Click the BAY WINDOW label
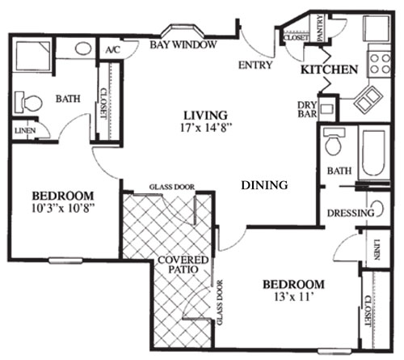[183, 45]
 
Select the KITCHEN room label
[329, 70]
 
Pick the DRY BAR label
[308, 110]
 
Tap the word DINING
[264, 185]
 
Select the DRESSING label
[350, 213]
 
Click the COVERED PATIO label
[183, 266]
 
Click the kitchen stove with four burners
[377, 58]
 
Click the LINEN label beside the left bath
[23, 129]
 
